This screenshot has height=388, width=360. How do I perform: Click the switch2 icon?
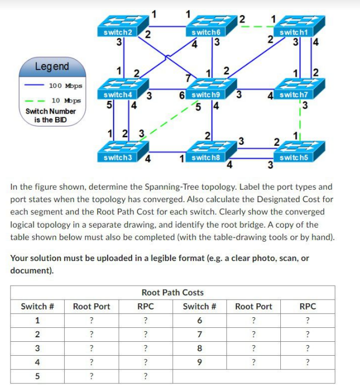[118, 27]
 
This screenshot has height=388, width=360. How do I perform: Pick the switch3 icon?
[118, 151]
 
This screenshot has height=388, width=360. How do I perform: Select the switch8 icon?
[206, 151]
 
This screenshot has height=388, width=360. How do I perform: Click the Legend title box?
[52, 67]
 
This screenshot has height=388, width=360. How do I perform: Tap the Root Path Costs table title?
[173, 292]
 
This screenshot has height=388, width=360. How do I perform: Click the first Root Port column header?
[91, 306]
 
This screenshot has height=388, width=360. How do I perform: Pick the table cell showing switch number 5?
[37, 376]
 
